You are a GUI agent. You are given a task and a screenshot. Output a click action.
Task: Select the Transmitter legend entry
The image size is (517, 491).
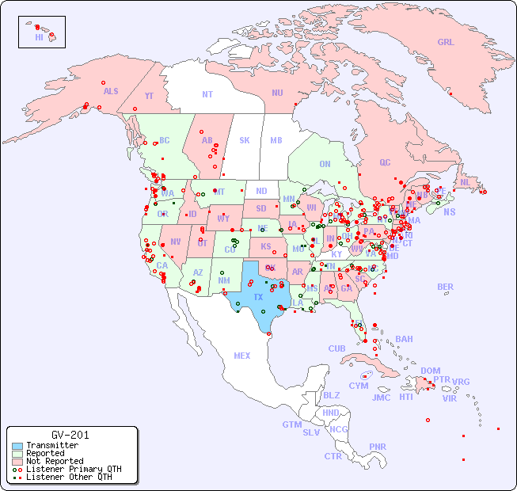(x=51, y=445)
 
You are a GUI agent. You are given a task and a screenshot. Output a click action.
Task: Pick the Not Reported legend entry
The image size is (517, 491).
(x=54, y=461)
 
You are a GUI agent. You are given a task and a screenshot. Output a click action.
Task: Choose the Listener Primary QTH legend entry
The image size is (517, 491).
(x=73, y=469)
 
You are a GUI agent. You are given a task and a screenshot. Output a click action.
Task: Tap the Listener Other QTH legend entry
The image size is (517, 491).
(x=68, y=477)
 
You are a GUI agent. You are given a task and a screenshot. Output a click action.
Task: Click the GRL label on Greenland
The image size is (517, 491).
(x=446, y=43)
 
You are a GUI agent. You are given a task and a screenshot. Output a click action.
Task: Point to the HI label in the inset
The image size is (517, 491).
(x=39, y=37)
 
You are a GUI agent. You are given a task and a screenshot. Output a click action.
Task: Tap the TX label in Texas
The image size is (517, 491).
(x=258, y=297)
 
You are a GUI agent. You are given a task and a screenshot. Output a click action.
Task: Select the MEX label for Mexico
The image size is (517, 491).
(x=242, y=356)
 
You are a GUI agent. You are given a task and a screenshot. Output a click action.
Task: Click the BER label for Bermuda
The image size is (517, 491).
(x=446, y=287)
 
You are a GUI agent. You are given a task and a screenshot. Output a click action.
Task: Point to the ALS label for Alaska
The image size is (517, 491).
(x=111, y=91)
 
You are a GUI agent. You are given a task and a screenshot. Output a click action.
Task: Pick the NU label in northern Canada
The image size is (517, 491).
(x=277, y=93)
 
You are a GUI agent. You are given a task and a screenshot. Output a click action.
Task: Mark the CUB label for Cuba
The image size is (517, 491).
(x=337, y=348)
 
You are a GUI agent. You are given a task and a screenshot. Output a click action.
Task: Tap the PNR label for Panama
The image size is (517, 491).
(x=378, y=447)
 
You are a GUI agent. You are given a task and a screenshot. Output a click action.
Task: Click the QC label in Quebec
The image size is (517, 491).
(x=385, y=163)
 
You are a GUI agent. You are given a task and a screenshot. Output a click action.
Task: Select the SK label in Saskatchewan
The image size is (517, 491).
(x=245, y=140)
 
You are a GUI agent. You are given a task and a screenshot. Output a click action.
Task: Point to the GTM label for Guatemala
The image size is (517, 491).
(x=291, y=424)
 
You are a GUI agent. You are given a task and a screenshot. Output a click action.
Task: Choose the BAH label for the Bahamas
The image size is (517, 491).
(x=404, y=339)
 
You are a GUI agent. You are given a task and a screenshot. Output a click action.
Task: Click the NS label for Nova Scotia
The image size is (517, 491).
(x=449, y=211)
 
